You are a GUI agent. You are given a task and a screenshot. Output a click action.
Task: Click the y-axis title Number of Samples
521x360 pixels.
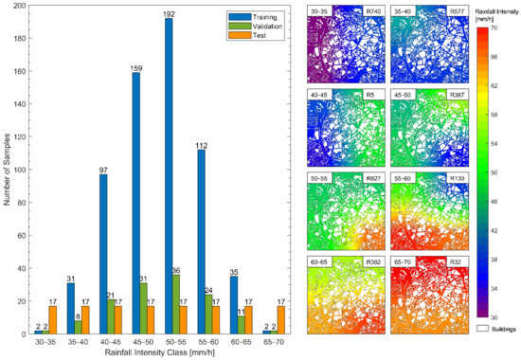point(7,171)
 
